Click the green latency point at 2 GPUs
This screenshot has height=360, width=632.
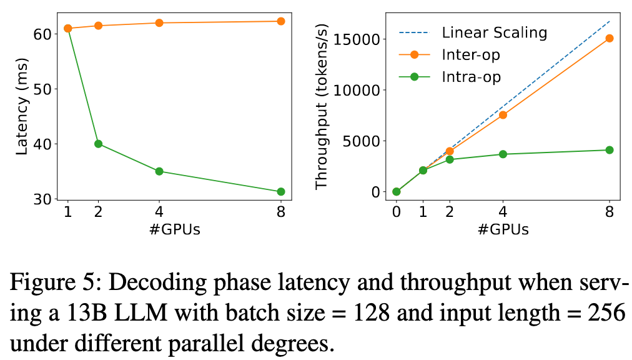pos(98,144)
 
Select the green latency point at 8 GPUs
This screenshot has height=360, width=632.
pos(281,192)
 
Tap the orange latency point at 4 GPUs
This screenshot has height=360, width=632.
pos(159,23)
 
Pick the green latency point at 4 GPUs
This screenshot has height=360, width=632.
pos(159,171)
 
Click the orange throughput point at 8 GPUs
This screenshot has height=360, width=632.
pos(610,38)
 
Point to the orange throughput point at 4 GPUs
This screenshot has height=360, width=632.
pos(503,115)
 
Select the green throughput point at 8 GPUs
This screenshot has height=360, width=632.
pos(610,150)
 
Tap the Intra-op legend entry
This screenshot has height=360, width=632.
pos(471,77)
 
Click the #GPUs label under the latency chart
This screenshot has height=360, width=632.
pos(174,229)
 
